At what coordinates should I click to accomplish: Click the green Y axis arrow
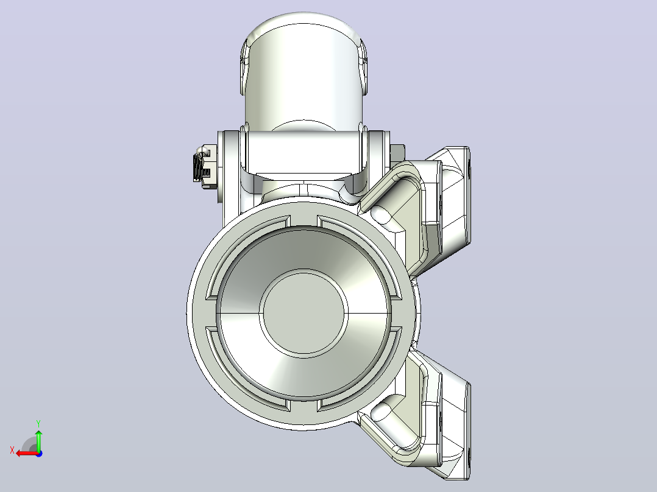(38, 440)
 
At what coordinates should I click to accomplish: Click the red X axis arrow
(27, 454)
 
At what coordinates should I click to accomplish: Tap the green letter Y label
(38, 423)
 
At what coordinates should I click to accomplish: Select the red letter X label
(12, 451)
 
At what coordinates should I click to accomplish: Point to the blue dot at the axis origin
(39, 454)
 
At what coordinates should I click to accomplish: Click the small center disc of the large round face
(304, 313)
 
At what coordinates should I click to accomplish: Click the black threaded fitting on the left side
(197, 167)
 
